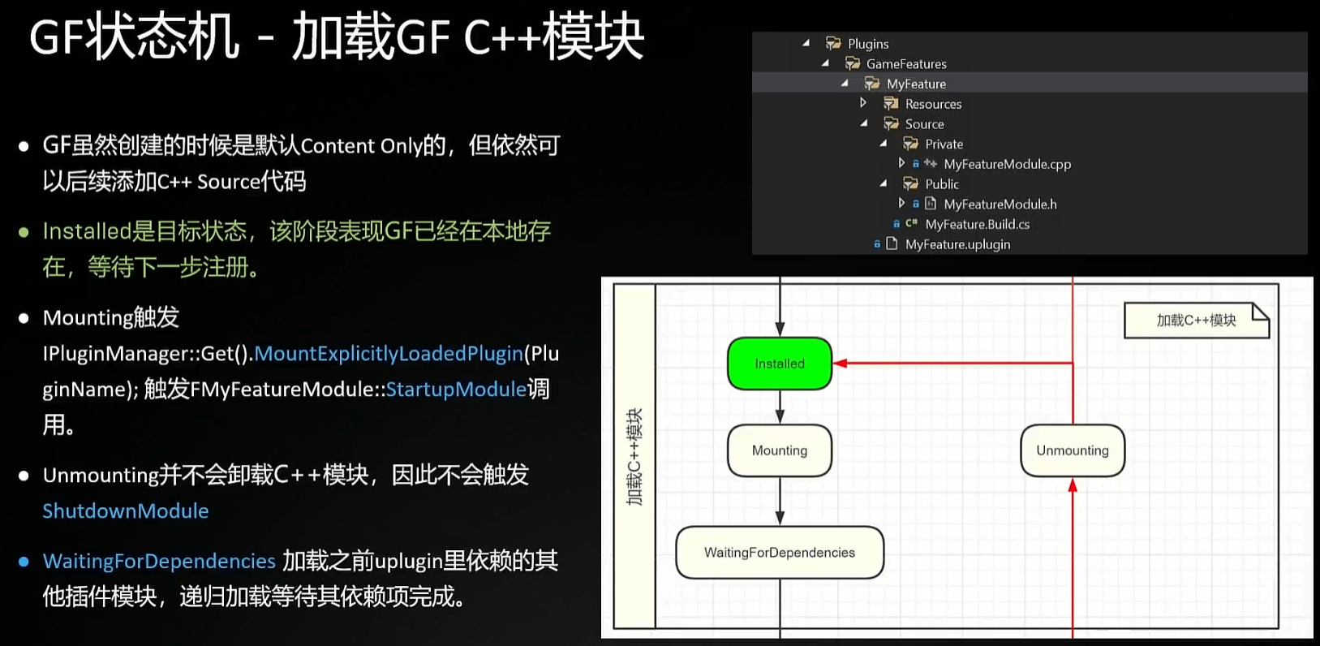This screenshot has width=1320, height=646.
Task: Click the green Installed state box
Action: [779, 364]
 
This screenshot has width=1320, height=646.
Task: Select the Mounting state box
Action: [779, 450]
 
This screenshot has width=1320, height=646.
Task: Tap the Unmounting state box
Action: [1072, 450]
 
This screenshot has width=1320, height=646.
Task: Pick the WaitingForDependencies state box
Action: [779, 553]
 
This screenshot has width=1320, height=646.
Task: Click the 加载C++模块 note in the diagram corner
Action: [1196, 321]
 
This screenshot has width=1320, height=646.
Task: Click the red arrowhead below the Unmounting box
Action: [1073, 485]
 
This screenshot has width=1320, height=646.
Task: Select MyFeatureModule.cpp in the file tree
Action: [1007, 164]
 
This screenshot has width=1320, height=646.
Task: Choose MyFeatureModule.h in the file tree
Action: [1000, 205]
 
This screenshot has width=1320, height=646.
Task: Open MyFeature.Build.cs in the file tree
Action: [977, 225]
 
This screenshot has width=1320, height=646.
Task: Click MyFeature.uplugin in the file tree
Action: [957, 244]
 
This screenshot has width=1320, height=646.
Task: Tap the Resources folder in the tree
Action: [933, 104]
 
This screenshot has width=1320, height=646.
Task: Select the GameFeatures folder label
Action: [905, 64]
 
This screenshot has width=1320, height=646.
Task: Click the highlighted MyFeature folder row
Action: [916, 84]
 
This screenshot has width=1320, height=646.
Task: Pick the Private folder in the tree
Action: [944, 144]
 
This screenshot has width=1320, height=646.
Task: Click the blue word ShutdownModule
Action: [126, 511]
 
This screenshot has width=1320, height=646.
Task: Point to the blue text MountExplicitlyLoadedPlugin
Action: [389, 354]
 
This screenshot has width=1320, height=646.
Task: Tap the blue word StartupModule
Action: [456, 390]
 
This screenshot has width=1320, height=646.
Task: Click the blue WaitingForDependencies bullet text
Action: [159, 562]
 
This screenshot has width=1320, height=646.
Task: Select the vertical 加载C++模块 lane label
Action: [634, 456]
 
